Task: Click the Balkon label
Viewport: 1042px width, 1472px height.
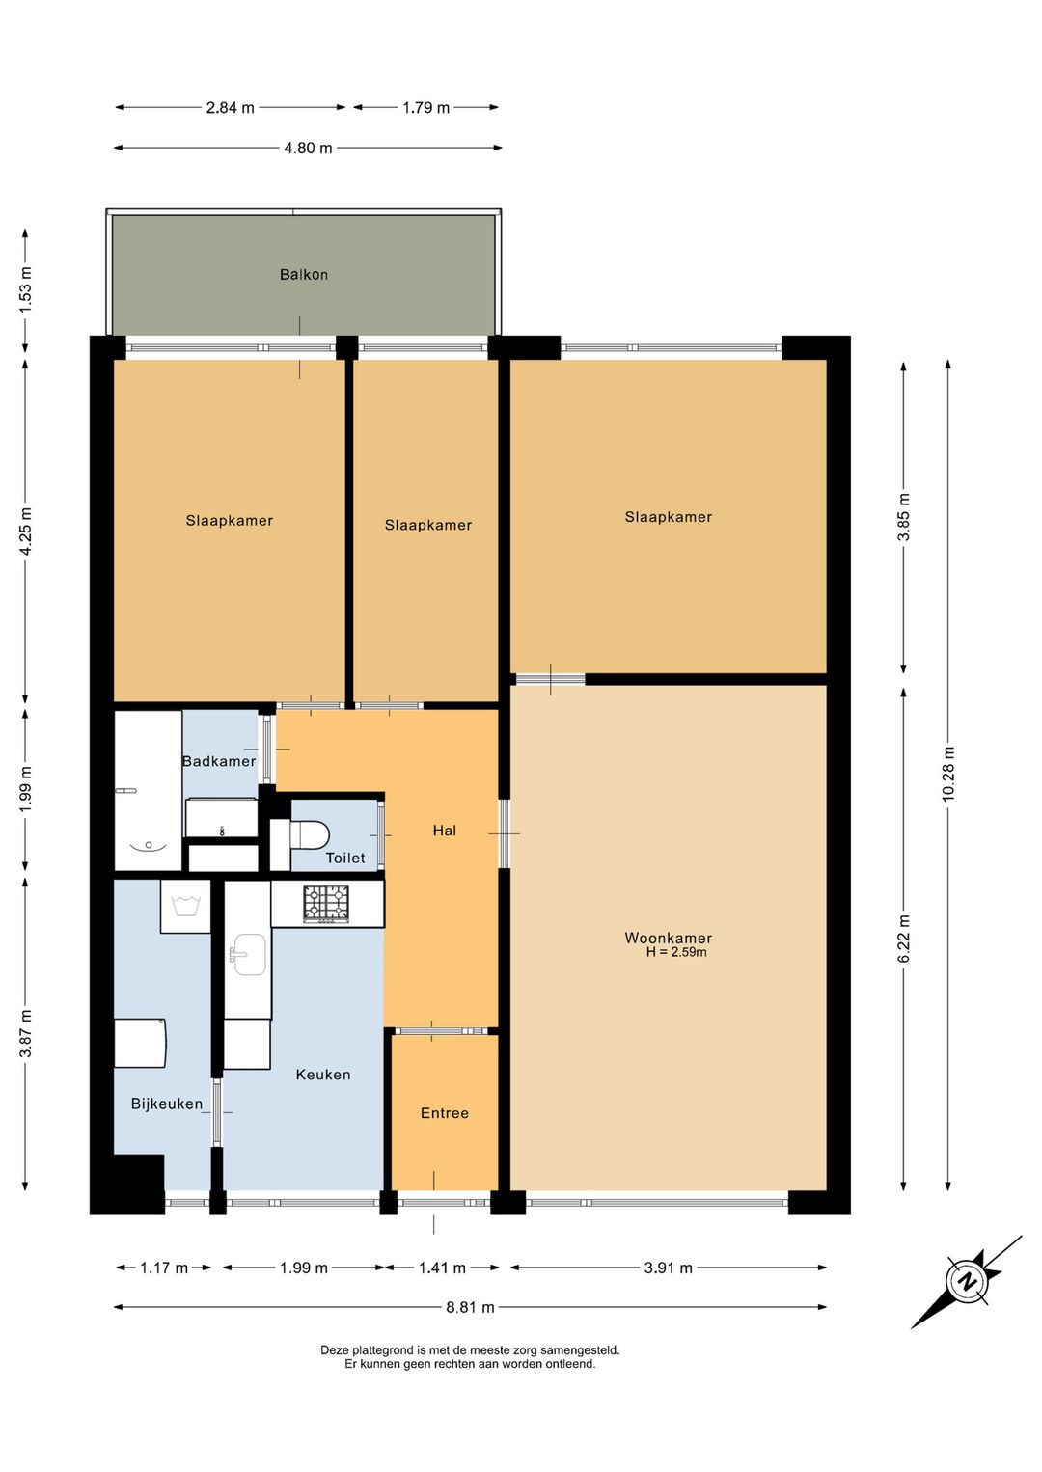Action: click(x=304, y=274)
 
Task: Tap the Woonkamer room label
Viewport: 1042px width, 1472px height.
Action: click(x=668, y=938)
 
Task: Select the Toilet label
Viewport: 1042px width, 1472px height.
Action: click(x=345, y=858)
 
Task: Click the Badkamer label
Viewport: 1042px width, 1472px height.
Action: click(x=219, y=761)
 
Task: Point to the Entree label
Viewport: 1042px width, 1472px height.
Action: click(x=445, y=1112)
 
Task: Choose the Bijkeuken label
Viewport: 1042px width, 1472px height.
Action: click(x=167, y=1104)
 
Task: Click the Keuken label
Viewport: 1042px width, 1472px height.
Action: click(x=323, y=1075)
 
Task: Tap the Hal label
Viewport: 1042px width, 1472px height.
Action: click(x=445, y=831)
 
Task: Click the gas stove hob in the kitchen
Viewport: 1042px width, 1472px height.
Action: click(x=326, y=903)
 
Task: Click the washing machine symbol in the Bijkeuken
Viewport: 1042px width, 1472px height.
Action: click(x=185, y=906)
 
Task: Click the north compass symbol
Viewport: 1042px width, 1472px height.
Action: click(x=967, y=1281)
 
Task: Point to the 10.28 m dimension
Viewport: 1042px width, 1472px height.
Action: click(x=947, y=775)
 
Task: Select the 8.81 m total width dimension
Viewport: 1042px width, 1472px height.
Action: click(x=470, y=1307)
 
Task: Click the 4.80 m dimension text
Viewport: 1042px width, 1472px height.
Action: click(x=309, y=148)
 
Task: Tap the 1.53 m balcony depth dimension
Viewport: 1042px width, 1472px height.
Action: click(x=25, y=289)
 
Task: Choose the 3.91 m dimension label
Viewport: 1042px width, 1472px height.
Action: click(x=668, y=1268)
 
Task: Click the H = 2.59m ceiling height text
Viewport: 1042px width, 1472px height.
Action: click(x=675, y=952)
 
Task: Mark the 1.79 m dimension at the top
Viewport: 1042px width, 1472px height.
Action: click(x=426, y=107)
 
